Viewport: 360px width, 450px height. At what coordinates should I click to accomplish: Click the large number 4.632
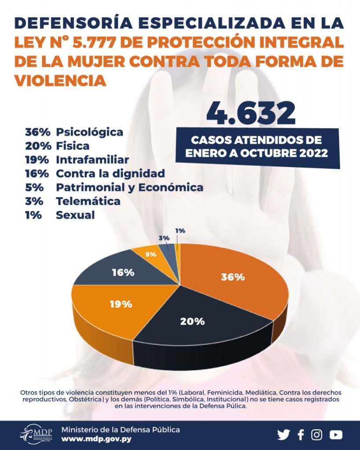pos(251,114)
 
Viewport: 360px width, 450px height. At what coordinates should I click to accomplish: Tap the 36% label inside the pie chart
pos(233,277)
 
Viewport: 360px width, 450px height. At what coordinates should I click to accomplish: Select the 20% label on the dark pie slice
pos(193,321)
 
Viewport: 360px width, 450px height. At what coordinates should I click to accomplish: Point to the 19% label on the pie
pos(120,304)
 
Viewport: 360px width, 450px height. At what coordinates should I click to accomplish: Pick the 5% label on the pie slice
pos(150,254)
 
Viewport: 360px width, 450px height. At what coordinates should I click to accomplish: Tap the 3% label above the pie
pos(164,238)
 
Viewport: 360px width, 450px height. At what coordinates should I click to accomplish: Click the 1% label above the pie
pos(180,230)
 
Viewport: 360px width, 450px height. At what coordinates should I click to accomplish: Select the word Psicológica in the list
pos(90,132)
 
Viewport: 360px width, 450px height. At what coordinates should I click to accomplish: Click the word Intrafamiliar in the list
pos(92,160)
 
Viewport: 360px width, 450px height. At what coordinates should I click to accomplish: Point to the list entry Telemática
pos(88,201)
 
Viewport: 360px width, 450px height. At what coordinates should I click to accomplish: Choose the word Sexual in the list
pos(75,215)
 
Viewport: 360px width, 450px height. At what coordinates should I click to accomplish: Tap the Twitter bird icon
pos(284,435)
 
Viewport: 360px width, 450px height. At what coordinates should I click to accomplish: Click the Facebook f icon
pos(301,435)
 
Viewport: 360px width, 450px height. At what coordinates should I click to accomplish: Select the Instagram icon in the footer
pos(317,435)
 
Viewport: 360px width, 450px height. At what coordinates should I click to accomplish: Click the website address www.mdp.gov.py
pos(96,439)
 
